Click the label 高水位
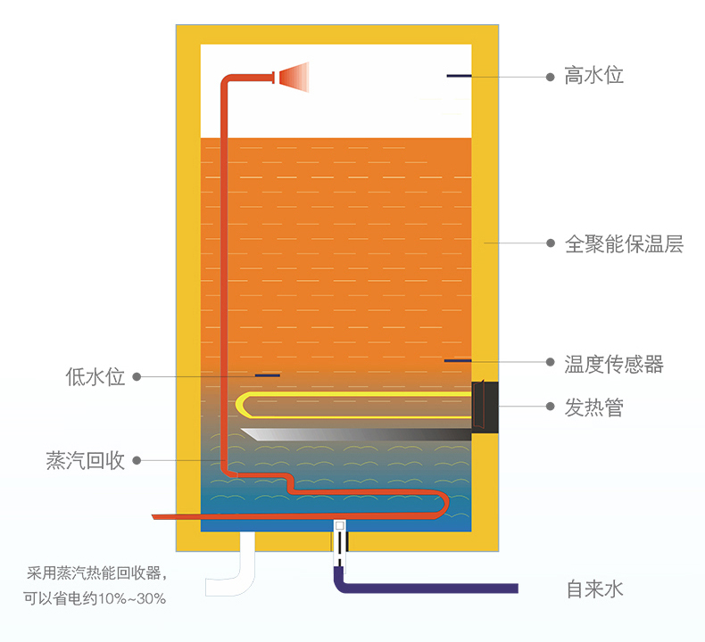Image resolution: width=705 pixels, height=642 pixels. [593, 76]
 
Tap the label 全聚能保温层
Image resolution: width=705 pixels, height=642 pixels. [624, 243]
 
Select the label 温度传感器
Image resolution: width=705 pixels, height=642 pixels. [614, 363]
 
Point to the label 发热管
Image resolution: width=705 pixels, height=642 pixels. [593, 407]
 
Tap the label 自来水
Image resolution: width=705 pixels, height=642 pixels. [593, 588]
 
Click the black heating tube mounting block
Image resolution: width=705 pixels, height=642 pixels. [485, 406]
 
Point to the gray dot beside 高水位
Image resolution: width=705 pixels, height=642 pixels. [551, 77]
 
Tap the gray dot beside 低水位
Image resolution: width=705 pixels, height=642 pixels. [137, 376]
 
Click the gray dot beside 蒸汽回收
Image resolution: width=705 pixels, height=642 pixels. [137, 460]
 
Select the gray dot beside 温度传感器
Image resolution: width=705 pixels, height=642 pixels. [551, 362]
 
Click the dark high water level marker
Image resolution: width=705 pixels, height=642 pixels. [459, 76]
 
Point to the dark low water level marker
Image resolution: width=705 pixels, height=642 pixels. [267, 375]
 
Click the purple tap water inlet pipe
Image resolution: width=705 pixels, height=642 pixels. [428, 588]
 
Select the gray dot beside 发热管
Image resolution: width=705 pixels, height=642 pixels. [551, 407]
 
